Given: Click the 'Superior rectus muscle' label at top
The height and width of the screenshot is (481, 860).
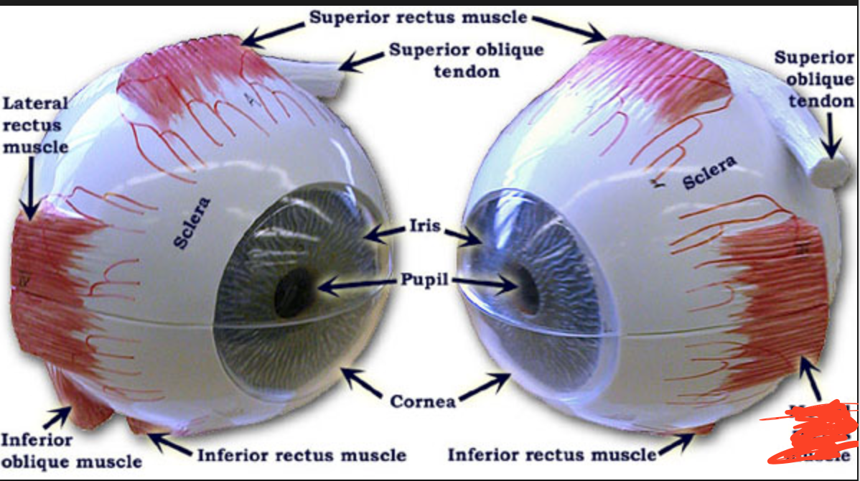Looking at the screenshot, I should point(419,17).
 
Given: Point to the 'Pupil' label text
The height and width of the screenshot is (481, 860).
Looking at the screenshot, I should point(423,279).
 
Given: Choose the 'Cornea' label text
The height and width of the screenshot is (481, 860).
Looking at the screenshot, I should point(423,401).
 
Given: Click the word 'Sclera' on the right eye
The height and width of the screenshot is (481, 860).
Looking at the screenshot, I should point(709,174).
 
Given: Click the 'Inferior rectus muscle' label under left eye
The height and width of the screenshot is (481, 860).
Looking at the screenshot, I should point(302,454).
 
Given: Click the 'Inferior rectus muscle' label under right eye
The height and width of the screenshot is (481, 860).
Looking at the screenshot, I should point(552,454).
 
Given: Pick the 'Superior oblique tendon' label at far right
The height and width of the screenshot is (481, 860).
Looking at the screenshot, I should point(814,79).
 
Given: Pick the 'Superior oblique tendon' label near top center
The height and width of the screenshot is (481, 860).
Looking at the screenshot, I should point(466,60).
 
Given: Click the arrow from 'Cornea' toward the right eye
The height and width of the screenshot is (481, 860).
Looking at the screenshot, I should point(482,388).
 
